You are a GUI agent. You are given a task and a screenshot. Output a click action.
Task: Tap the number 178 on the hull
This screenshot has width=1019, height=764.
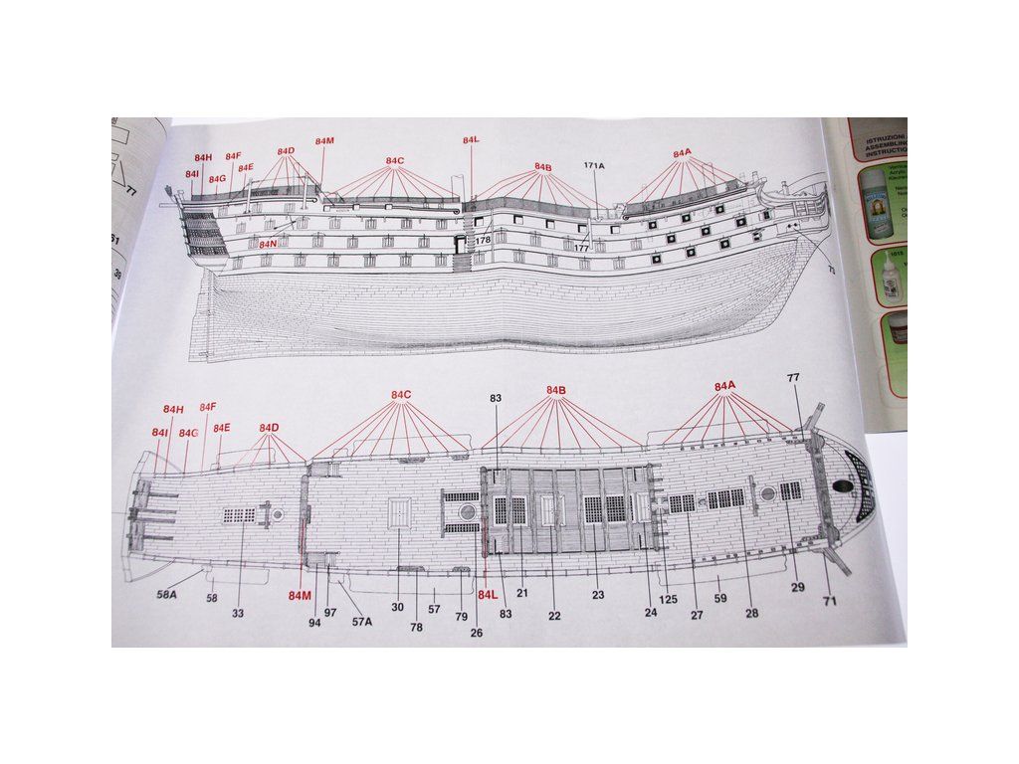click(483, 240)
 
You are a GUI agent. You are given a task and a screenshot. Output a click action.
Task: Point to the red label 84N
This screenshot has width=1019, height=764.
click(268, 244)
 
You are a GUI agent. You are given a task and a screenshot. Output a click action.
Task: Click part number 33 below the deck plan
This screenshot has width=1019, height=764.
click(238, 614)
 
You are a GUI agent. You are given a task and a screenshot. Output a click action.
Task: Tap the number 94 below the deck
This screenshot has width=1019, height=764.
click(314, 622)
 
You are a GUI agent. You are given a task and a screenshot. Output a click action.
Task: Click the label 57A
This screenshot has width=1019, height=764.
click(361, 622)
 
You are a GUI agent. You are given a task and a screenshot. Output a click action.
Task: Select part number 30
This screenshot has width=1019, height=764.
click(397, 607)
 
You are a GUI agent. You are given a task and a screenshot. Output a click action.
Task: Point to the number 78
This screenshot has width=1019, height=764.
click(416, 628)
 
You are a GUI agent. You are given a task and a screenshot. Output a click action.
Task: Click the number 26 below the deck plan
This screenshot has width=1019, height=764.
click(477, 633)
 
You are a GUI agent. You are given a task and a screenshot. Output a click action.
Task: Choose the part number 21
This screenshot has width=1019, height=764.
click(521, 593)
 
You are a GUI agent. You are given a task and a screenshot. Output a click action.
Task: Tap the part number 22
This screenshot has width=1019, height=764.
click(554, 616)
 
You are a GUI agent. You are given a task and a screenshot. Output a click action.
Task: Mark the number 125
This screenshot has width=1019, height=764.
click(668, 598)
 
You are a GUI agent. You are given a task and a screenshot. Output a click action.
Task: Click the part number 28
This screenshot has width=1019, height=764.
click(751, 613)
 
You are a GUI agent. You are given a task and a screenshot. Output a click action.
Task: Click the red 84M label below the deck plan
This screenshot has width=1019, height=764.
click(300, 596)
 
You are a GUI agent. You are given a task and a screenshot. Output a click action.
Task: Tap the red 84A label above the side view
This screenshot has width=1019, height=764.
click(682, 153)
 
